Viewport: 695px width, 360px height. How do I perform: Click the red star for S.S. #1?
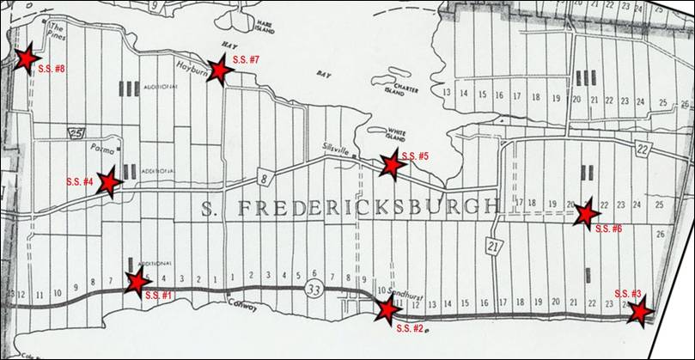click(x=136, y=281)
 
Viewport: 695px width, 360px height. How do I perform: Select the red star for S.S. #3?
click(x=638, y=312)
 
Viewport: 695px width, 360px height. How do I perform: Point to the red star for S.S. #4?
click(x=108, y=182)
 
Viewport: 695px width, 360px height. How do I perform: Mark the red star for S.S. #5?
click(x=393, y=164)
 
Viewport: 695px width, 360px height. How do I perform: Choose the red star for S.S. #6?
click(x=587, y=213)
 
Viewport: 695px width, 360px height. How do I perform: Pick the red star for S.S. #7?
click(x=220, y=70)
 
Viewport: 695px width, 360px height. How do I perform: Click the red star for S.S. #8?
click(x=25, y=58)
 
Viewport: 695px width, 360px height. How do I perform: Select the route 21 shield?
click(x=492, y=245)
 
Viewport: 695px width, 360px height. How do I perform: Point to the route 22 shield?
click(x=643, y=150)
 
